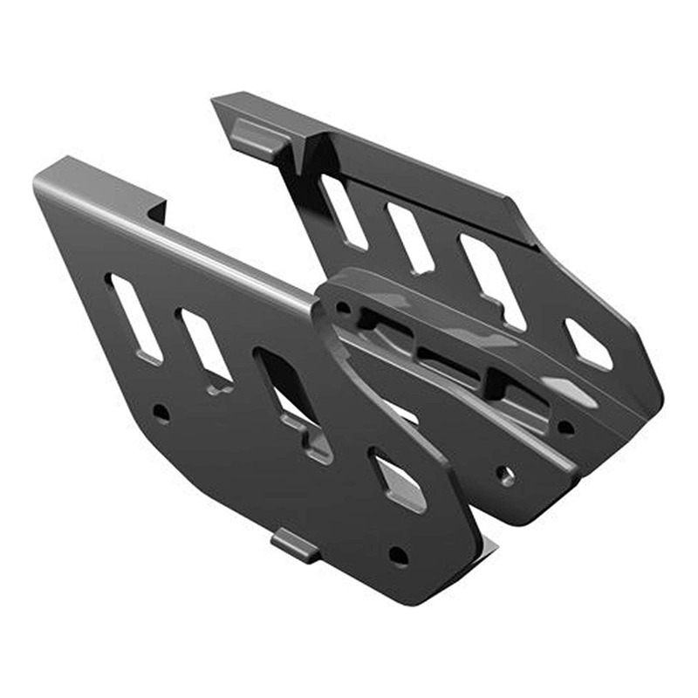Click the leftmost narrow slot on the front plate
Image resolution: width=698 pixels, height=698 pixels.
[135, 317]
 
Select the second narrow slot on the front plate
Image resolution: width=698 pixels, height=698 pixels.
[204, 345]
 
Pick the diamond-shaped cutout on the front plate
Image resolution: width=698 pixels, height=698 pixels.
[397, 478]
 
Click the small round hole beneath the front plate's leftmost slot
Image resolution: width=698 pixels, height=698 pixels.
[161, 413]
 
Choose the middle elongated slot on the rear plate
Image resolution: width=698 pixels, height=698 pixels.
[409, 236]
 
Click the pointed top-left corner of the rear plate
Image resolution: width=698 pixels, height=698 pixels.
[216, 99]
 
